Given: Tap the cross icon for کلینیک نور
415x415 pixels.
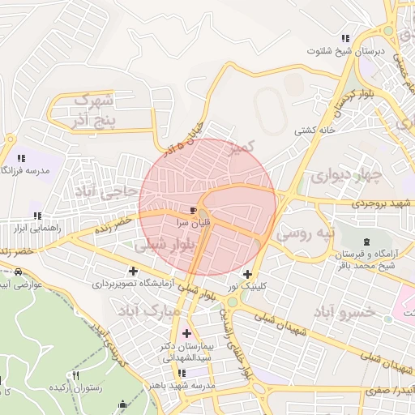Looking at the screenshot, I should point(247,274).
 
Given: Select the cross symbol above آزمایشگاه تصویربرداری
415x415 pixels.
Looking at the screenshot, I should point(133,271).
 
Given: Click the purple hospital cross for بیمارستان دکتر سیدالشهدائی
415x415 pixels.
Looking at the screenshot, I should point(187,332).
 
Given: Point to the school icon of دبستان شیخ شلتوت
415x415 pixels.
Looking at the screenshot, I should point(346,38).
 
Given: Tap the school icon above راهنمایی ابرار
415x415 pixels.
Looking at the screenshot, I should point(34,215).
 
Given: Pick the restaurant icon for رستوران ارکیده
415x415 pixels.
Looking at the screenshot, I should point(77,375).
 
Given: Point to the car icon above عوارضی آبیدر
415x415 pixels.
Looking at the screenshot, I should point(19,272).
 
